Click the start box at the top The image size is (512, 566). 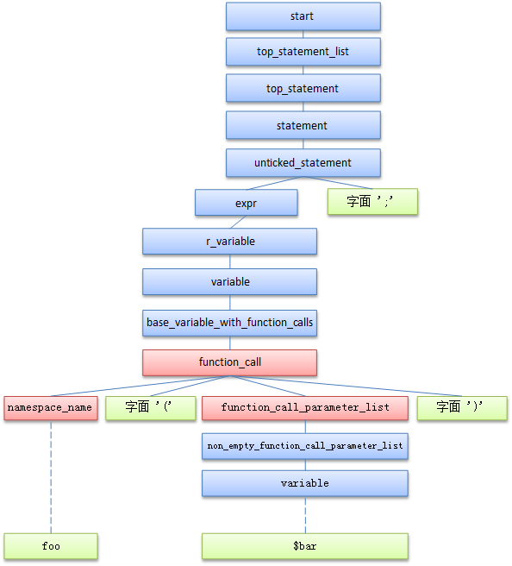[x=303, y=16]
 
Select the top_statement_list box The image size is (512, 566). [x=303, y=52]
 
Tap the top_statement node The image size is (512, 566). [x=303, y=88]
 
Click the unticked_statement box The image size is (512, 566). [x=303, y=163]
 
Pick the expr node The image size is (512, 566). [x=247, y=203]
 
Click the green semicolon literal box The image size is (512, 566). [x=373, y=202]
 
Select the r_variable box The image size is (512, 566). [x=229, y=242]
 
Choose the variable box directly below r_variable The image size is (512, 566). [x=229, y=282]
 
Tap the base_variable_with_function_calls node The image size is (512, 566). [x=229, y=323]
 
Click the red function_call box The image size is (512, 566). [x=229, y=362]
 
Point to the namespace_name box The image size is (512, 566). [x=51, y=408]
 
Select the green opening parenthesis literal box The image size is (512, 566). [x=151, y=408]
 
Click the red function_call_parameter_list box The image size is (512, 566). [x=305, y=408]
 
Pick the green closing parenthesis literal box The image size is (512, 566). [x=462, y=408]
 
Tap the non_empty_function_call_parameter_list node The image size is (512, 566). [x=305, y=447]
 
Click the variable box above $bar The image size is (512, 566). [x=305, y=484]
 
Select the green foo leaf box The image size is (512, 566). [x=51, y=546]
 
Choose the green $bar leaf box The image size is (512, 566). [x=305, y=546]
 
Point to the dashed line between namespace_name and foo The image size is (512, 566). [x=51, y=477]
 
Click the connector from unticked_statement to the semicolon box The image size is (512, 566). [x=338, y=183]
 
